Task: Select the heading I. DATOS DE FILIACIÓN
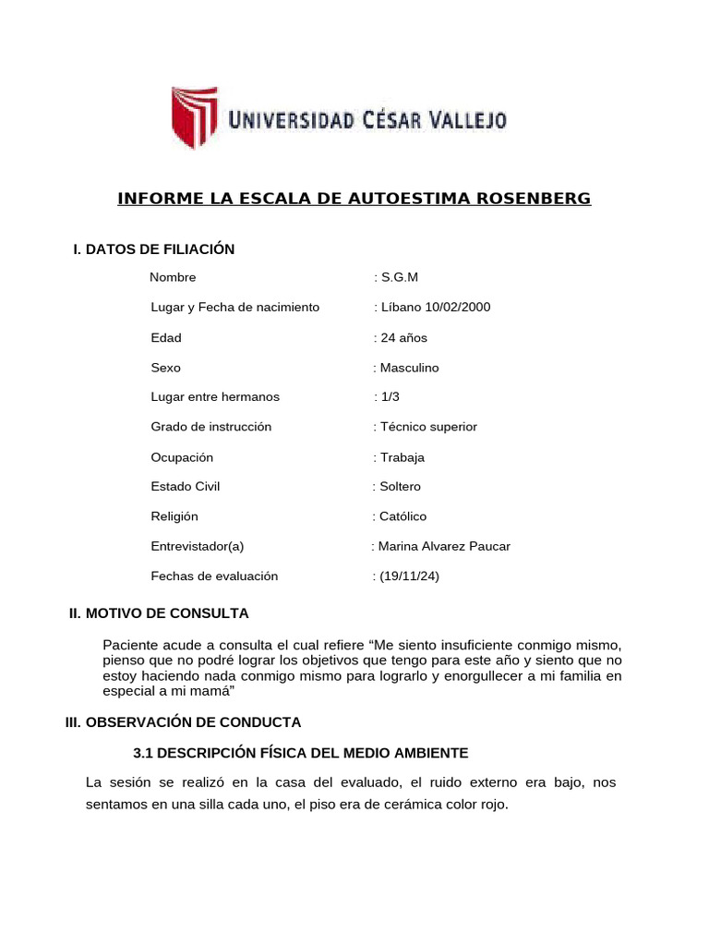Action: click(154, 249)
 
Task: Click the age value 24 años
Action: click(400, 337)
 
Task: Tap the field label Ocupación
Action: click(182, 457)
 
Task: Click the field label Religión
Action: click(174, 516)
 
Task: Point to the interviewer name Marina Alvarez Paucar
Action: click(443, 546)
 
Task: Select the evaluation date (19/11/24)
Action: click(408, 576)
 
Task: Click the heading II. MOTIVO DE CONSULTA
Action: click(160, 613)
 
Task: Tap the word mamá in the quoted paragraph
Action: click(215, 692)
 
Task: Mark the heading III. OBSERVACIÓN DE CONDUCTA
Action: click(183, 722)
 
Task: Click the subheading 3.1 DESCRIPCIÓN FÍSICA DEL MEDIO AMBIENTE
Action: click(301, 753)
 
